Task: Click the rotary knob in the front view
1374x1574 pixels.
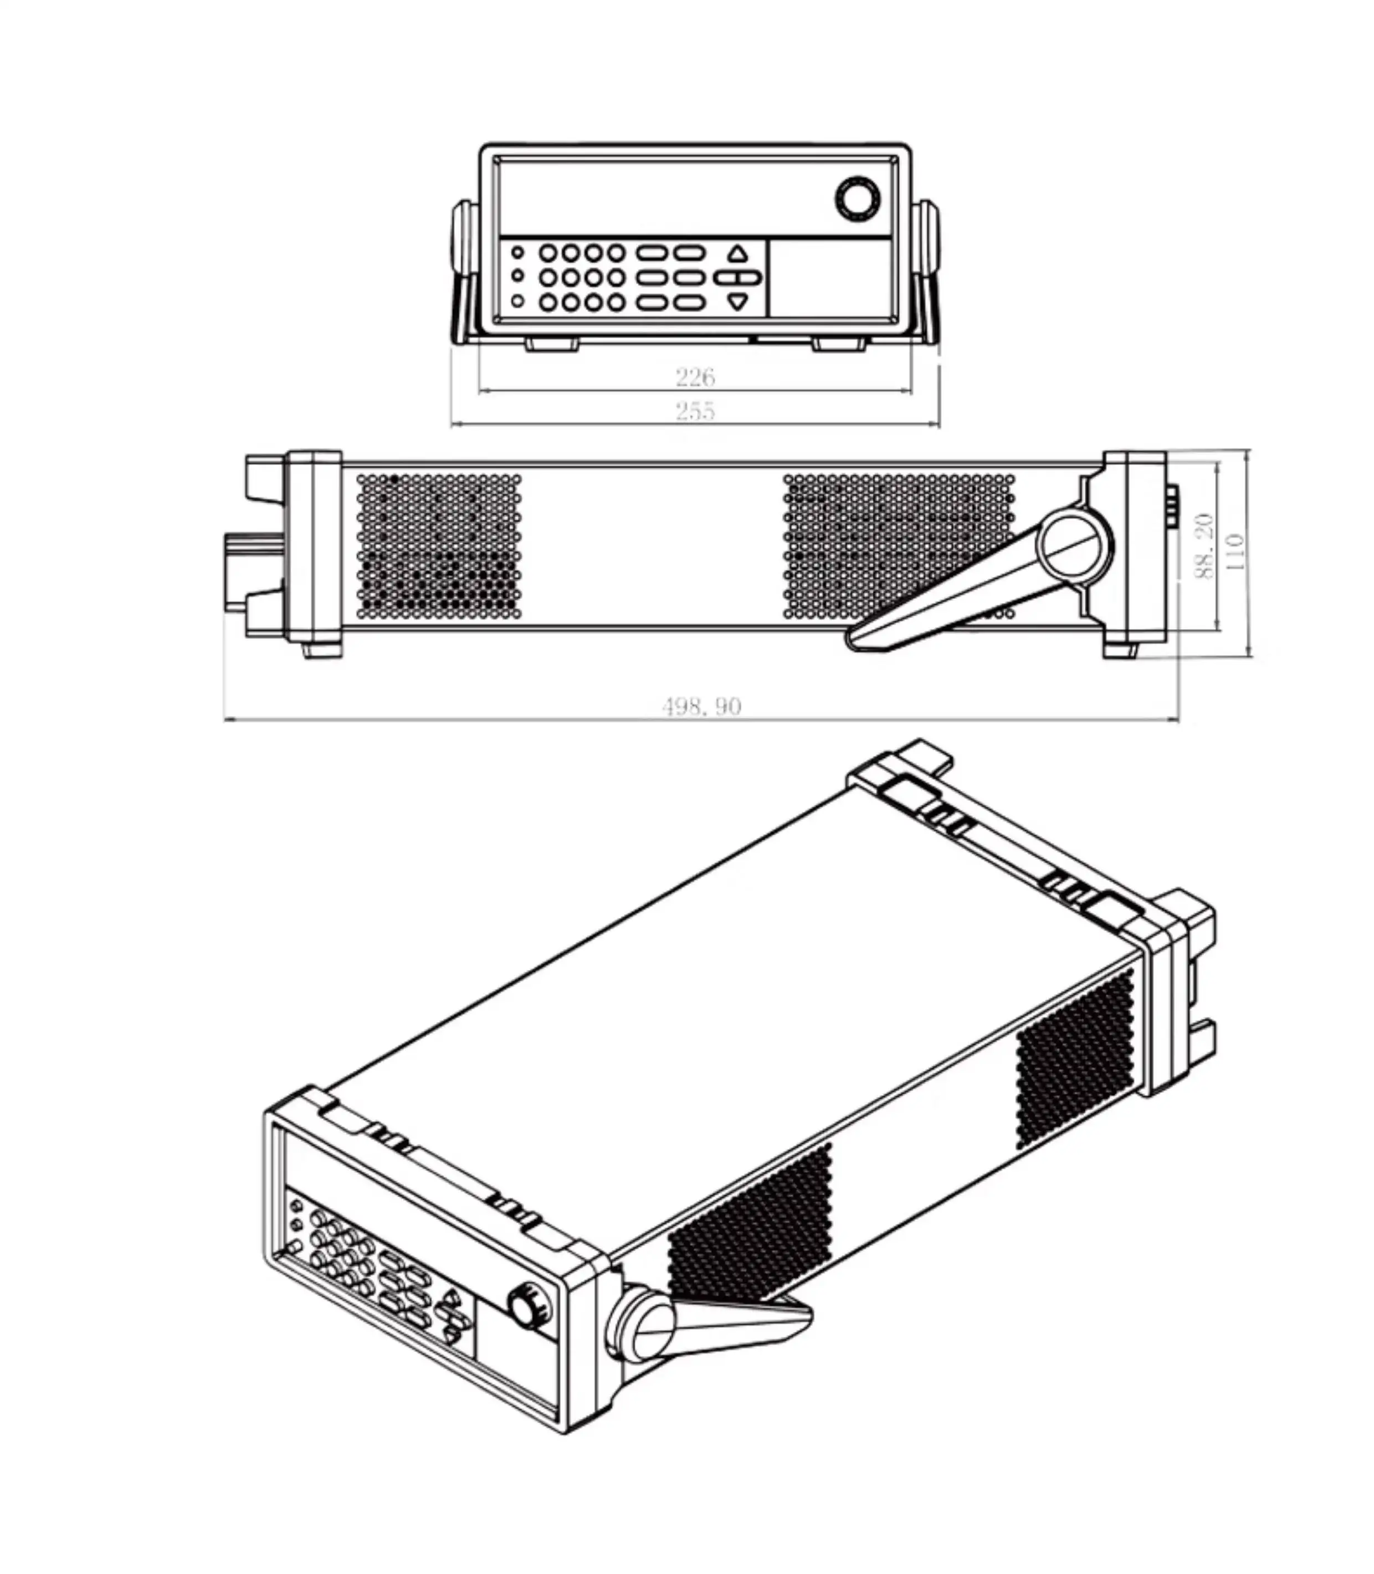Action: point(857,200)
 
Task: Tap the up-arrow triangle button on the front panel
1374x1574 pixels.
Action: point(737,253)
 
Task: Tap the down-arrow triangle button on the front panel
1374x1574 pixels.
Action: point(737,301)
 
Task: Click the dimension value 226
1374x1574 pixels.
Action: point(695,377)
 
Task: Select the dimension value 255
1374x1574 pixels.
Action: point(695,411)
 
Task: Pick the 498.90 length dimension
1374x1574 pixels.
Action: point(701,706)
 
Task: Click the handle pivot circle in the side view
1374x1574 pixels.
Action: point(1074,545)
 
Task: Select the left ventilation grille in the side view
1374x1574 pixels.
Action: point(439,546)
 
